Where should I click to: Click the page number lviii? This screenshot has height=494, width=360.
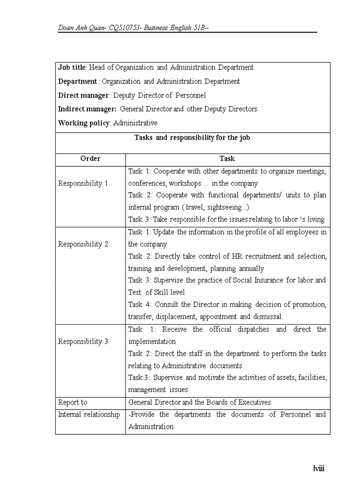(x=319, y=468)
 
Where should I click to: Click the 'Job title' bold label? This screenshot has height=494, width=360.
(x=71, y=67)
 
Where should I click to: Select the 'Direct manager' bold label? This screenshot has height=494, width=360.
(x=83, y=95)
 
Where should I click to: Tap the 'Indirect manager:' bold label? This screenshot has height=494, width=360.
(x=86, y=109)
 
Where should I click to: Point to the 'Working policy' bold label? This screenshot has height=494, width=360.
(x=84, y=123)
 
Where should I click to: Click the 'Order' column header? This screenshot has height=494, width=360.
(x=91, y=158)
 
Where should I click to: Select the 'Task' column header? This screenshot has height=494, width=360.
(x=227, y=158)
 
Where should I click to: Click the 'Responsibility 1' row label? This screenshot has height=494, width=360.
(x=83, y=183)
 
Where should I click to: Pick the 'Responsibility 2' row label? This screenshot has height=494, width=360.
(x=83, y=244)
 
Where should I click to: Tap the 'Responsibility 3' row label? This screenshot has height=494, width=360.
(x=83, y=341)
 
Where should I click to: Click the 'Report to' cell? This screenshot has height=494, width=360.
(x=73, y=402)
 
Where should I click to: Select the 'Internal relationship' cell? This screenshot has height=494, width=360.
(x=88, y=414)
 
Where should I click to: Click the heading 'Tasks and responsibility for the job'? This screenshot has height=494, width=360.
(x=192, y=137)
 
